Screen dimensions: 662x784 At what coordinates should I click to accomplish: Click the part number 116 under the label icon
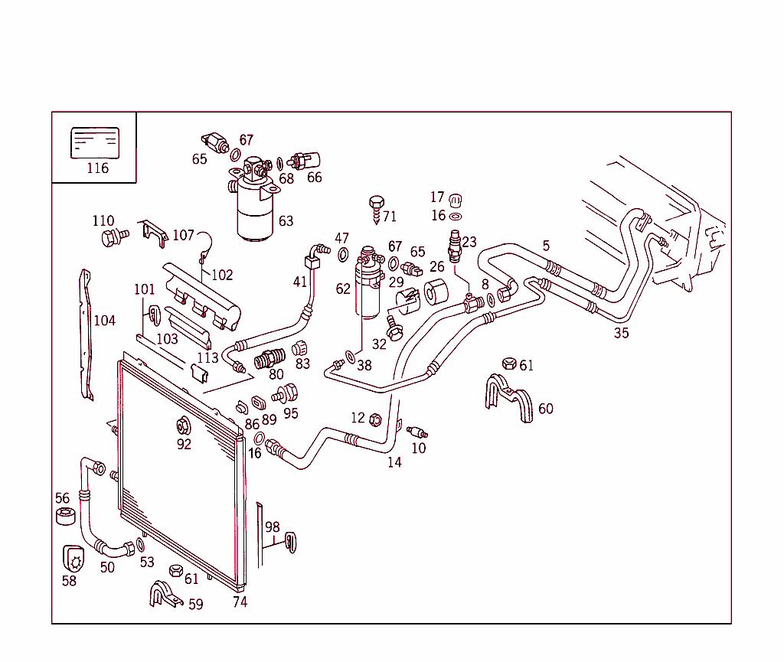pos(97,168)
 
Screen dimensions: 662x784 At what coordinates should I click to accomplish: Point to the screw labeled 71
pos(377,207)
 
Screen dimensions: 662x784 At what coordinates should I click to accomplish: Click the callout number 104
pos(104,320)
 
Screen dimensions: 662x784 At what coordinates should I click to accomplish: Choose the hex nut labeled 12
pos(375,419)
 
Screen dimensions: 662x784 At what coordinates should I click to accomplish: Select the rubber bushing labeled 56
pos(66,516)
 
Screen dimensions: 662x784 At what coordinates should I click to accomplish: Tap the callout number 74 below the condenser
pos(240,602)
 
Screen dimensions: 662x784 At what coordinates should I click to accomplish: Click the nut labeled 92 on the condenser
pos(183,426)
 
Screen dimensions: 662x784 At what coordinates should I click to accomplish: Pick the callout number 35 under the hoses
pos(621,333)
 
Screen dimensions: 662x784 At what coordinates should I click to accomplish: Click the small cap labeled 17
pos(456,200)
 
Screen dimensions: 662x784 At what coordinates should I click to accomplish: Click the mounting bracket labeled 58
pos(74,559)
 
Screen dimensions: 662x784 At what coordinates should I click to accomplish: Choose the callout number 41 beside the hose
pos(299,282)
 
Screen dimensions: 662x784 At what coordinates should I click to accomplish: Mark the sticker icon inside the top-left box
pos(94,143)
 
